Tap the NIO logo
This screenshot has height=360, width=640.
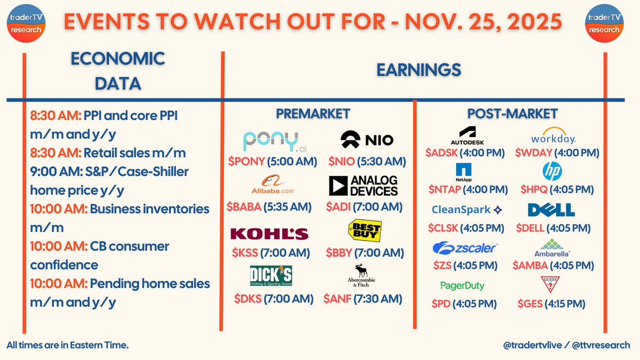click(367, 140)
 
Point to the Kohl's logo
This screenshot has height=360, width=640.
click(269, 234)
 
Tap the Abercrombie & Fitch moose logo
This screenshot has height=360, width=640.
click(363, 276)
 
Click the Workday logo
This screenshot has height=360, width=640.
click(553, 136)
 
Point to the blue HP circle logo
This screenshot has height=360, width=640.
click(552, 172)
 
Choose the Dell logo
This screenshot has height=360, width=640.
click(551, 210)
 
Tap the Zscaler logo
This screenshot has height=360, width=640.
click(465, 247)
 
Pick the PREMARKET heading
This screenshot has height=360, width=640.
click(313, 114)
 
